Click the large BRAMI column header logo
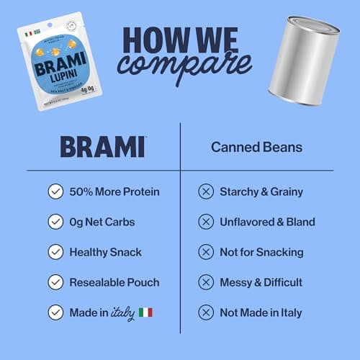102,146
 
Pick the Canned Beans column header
256,147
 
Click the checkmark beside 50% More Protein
55,192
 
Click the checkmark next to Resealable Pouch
55,282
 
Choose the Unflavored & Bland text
267,222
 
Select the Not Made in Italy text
261,312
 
